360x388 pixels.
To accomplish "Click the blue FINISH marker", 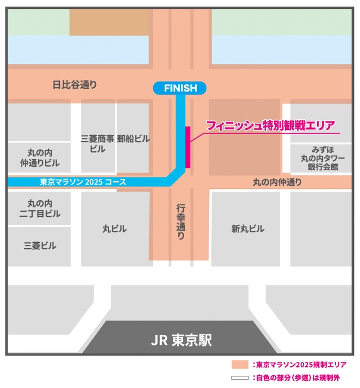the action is coord(180,87).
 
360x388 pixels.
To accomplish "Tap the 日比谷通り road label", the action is coord(74,85).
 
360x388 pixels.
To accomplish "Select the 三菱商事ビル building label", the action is coord(97,144).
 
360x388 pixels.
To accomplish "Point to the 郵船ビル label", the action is coord(133,139).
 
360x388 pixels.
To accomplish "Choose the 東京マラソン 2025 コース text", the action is coord(83,182).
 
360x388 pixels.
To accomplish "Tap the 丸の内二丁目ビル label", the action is coord(40,208).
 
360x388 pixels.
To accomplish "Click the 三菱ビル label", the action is coord(40,245).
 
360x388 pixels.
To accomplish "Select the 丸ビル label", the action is coord(115,229).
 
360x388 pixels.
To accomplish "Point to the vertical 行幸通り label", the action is coord(180,221).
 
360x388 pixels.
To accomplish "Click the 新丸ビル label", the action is coord(247,229).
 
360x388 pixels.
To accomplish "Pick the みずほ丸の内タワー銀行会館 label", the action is coord(322,158).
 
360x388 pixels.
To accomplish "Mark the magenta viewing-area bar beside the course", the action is coord(188,147).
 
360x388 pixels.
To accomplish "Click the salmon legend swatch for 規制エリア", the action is coord(240,364).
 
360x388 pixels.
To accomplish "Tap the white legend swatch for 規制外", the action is coord(240,377).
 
